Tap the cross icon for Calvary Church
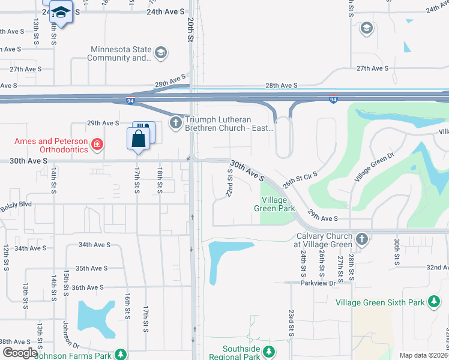[361, 239]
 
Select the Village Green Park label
[278, 203]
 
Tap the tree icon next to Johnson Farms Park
[121, 354]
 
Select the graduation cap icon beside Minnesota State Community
[160, 53]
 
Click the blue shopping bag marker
[138, 139]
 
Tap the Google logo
[20, 353]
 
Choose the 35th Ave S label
[91, 268]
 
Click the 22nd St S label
[229, 182]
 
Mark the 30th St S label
[397, 251]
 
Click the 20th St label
[190, 29]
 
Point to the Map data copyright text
[423, 355]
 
